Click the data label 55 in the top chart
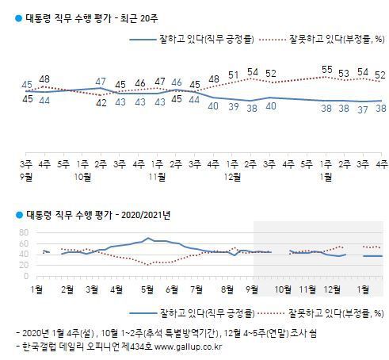click(x=326, y=70)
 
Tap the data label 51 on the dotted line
click(x=233, y=75)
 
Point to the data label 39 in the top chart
click(x=233, y=106)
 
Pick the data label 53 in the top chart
click(x=345, y=73)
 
